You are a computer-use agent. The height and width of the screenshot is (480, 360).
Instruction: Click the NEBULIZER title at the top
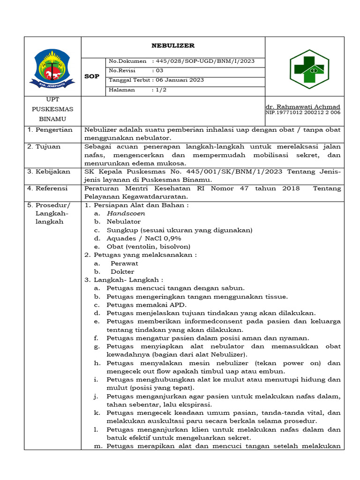(x=172, y=46)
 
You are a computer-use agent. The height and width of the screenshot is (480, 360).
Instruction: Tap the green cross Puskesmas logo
(x=309, y=69)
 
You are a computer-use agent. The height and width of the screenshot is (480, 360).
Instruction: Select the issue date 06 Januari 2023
(x=180, y=80)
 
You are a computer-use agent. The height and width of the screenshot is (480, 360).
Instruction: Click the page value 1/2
(x=161, y=90)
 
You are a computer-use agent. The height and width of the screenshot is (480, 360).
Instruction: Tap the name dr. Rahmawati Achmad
(x=303, y=107)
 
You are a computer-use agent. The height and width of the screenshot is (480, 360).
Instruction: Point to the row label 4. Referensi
(x=47, y=188)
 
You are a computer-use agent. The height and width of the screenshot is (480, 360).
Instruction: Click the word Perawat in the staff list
(x=124, y=263)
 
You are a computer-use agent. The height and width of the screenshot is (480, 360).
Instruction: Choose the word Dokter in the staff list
(x=122, y=272)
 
